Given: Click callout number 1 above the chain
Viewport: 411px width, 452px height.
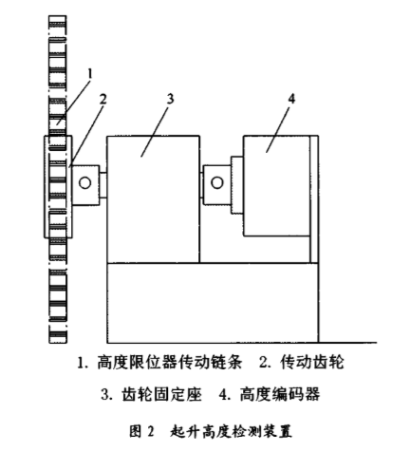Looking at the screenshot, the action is tap(90, 74).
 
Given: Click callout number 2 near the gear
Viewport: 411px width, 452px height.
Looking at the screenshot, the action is tap(103, 100).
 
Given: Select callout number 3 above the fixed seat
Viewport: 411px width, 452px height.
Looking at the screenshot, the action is tap(170, 99).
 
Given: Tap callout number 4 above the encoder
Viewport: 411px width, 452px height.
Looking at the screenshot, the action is tap(291, 99).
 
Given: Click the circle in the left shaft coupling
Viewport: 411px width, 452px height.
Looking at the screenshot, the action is tap(84, 182).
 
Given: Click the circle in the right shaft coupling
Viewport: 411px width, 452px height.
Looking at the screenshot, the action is tap(217, 182).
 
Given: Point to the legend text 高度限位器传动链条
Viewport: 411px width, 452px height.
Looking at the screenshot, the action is tap(169, 362).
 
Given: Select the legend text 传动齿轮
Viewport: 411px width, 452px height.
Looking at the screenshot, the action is tap(312, 362).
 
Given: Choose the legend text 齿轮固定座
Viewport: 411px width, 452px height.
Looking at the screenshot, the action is tap(161, 394).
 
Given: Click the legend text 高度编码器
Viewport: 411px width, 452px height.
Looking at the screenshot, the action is tap(280, 394).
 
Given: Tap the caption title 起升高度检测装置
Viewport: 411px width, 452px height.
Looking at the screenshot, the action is tap(231, 431).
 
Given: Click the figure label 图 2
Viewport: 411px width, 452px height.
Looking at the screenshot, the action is tap(142, 431).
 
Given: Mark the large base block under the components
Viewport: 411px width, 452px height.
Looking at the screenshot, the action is tap(213, 303).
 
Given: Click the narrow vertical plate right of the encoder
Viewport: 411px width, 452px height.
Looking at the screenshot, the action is tap(314, 199).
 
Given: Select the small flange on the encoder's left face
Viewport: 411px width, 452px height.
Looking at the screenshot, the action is tap(237, 185).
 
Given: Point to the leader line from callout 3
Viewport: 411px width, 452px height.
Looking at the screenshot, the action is tap(156, 130).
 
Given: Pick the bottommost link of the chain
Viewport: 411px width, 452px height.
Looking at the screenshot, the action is tap(58, 335).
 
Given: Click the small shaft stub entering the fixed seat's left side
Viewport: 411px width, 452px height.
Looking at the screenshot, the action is tap(103, 185).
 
